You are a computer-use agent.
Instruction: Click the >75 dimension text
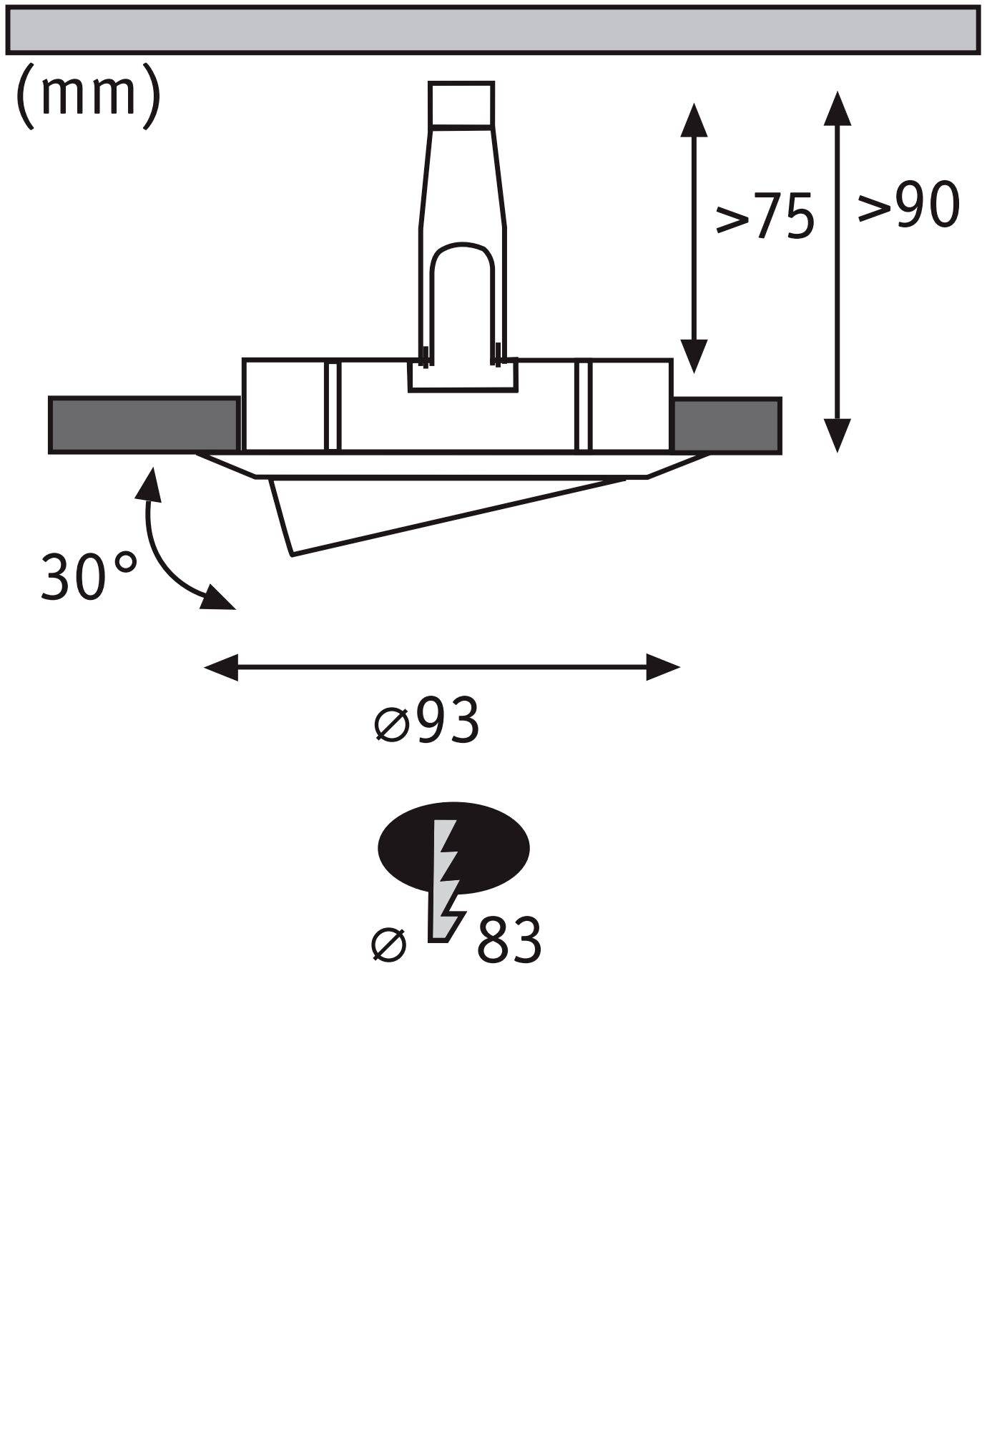coord(765,214)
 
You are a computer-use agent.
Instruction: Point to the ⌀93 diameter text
coord(427,721)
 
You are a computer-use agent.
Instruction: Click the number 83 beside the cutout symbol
coord(509,942)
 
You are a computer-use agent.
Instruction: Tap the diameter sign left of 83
coord(390,945)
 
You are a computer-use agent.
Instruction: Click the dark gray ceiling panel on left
coord(144,425)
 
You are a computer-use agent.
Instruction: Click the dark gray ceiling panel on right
coord(727,425)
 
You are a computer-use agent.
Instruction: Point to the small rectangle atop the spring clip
coord(461,104)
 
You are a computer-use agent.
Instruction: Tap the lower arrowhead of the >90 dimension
coord(837,436)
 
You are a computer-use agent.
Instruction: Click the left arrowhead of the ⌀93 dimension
coord(221,668)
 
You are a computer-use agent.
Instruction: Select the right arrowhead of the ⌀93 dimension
coord(663,668)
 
